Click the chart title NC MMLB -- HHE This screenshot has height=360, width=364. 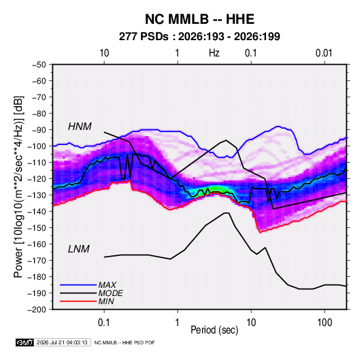click(199, 19)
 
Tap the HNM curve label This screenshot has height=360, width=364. click(80, 127)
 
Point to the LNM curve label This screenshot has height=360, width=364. click(78, 249)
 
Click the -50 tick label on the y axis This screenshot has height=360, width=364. click(39, 65)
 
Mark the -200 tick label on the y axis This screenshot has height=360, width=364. click(37, 310)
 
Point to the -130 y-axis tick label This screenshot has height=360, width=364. click(37, 195)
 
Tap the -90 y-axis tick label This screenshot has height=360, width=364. click(39, 130)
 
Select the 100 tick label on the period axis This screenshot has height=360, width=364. click(325, 323)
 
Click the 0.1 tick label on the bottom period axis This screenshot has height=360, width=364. click(104, 323)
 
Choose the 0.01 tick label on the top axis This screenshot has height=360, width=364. click(324, 53)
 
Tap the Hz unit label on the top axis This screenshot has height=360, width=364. click(214, 53)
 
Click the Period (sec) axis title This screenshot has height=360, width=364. click(214, 330)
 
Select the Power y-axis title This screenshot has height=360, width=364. click(18, 187)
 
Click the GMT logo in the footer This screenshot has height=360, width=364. click(25, 342)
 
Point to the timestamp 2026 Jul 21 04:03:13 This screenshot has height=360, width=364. click(62, 342)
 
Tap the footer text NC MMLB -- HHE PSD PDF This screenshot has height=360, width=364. click(125, 342)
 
